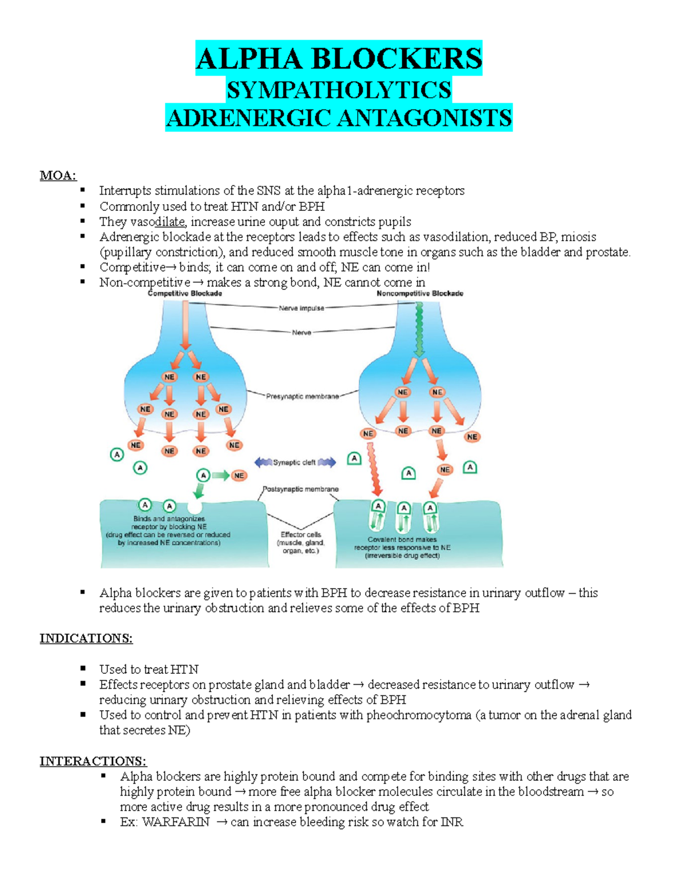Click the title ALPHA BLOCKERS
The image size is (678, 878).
339,59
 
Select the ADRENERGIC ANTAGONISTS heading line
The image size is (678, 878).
339,118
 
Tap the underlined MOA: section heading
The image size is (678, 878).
58,175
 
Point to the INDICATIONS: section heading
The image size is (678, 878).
86,638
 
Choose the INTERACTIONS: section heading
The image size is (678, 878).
93,761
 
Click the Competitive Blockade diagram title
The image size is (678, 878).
185,293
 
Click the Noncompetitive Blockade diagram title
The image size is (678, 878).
420,293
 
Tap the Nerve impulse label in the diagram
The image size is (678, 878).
302,308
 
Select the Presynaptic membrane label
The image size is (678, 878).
302,396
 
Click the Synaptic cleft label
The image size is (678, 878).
294,462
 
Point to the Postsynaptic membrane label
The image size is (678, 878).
301,489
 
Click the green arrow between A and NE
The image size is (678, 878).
221,475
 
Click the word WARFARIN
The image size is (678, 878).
176,822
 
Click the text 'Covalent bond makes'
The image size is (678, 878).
402,539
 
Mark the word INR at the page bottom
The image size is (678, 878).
452,822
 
